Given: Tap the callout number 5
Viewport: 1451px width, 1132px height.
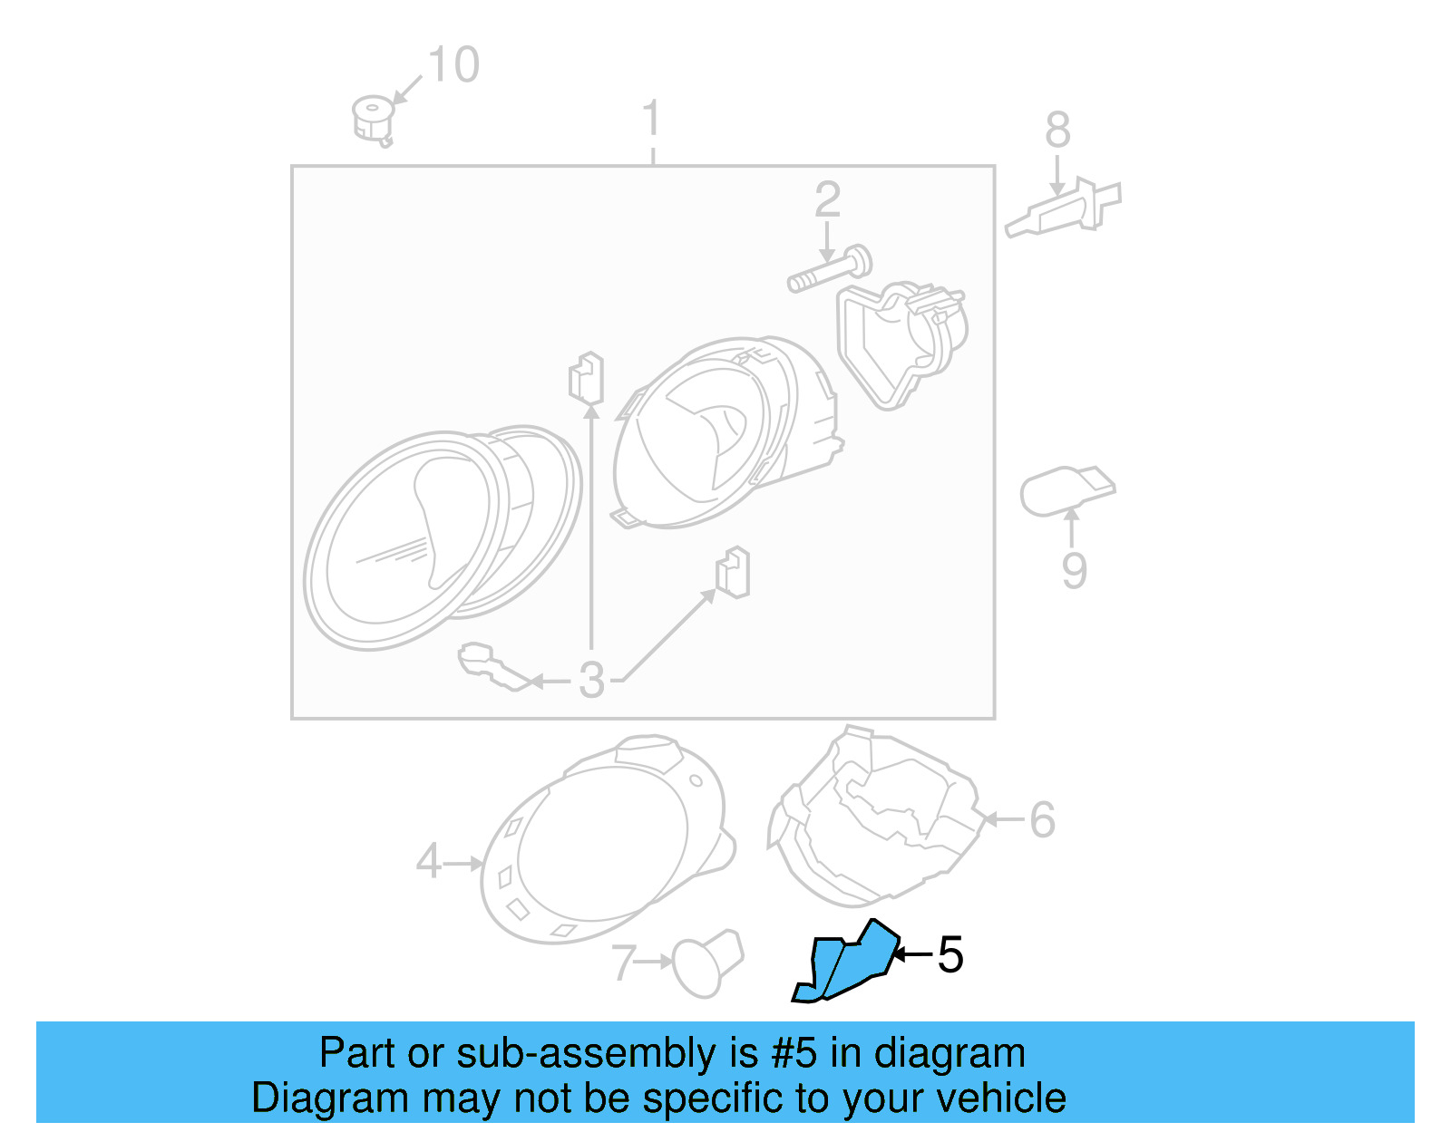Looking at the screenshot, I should point(949,955).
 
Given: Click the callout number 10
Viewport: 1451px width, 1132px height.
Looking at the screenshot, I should point(453,65).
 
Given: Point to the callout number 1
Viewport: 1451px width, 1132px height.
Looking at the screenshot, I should point(651,120).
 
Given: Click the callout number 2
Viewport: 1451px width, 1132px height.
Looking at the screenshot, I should point(827,200).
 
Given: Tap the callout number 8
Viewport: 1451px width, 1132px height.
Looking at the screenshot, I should point(1057,131).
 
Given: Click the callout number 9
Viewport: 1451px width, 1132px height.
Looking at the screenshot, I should point(1074,571).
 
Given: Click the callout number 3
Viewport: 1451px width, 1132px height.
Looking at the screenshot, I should point(591,680).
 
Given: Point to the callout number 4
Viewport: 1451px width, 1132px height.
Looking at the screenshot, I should point(428,861).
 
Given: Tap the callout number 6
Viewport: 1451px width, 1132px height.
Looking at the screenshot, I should point(1042,820).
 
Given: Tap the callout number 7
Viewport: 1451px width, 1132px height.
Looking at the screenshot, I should point(623,963).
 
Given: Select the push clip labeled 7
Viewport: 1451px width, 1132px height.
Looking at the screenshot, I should point(707,963).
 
